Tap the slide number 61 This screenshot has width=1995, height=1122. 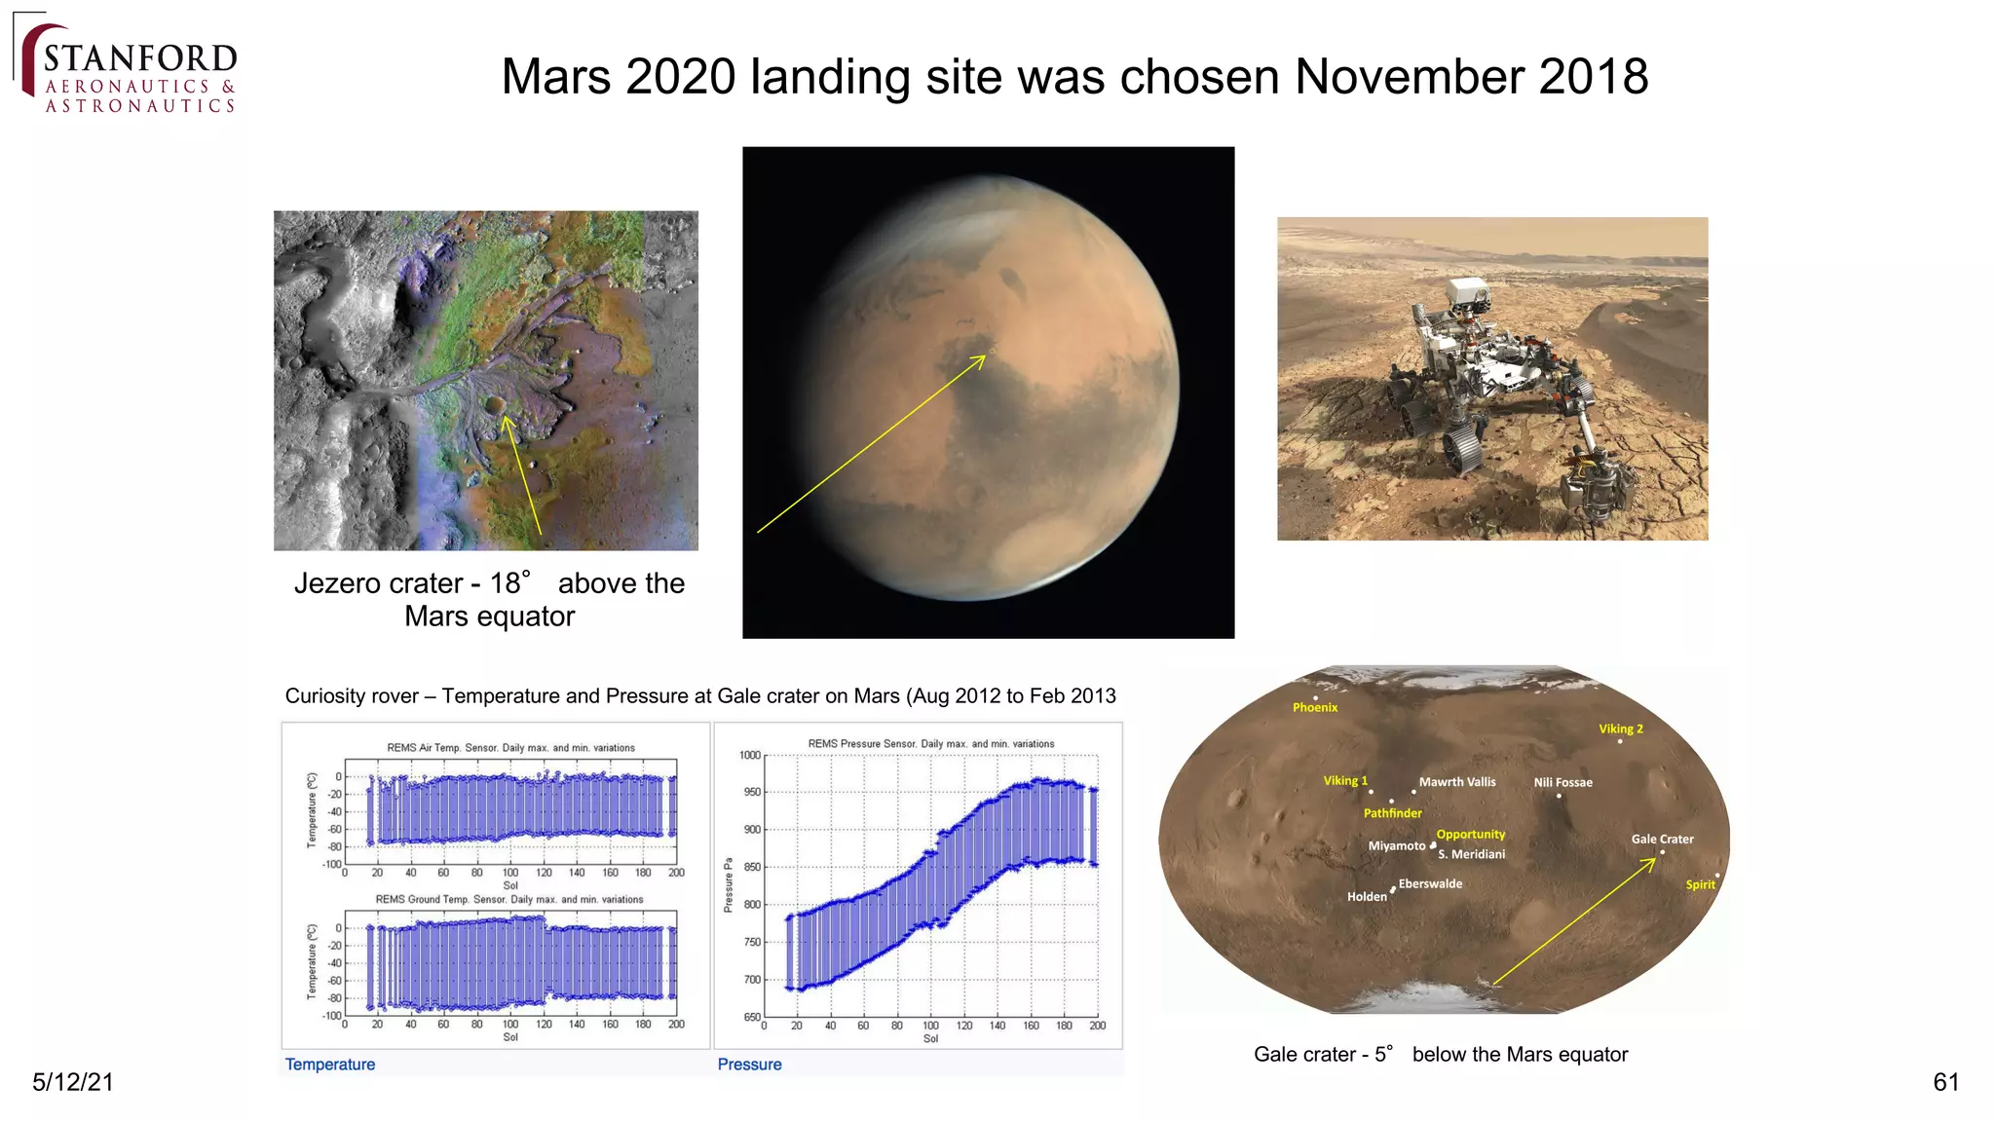pos(1945,1082)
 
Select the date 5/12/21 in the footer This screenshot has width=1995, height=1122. pos(73,1082)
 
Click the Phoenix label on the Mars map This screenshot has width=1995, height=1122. pos(1315,708)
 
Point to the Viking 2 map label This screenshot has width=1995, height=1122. pos(1620,729)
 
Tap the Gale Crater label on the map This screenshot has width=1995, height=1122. pos(1662,840)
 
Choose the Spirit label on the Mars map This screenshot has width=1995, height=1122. pos(1700,885)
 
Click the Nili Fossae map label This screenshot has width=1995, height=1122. pos(1562,783)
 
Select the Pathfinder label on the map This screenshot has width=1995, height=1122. pos(1392,813)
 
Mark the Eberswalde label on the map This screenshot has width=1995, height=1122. pos(1430,884)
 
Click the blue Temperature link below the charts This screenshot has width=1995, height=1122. pos(329,1065)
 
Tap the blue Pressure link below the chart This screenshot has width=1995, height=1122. pos(749,1065)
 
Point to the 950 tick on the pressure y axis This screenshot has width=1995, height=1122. pos(750,792)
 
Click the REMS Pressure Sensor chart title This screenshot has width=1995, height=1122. pos(930,744)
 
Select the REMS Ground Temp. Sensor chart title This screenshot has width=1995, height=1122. pos(509,900)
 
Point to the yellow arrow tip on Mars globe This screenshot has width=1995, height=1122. pos(985,357)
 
